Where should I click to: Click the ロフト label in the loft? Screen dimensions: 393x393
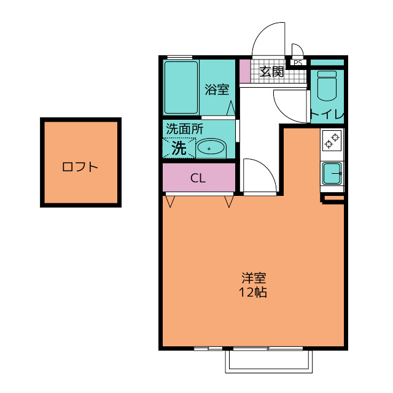(x=80, y=167)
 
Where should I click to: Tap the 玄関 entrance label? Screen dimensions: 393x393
(x=271, y=72)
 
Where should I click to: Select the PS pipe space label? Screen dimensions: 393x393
(x=298, y=63)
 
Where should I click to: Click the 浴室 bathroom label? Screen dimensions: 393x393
(x=217, y=90)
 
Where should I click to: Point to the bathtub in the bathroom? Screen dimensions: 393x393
(x=181, y=87)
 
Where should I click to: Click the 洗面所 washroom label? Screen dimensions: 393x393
(x=184, y=129)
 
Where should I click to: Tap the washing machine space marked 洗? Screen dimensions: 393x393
(x=179, y=148)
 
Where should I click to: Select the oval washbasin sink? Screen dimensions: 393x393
(x=211, y=149)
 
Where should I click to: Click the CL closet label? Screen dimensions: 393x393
(x=198, y=178)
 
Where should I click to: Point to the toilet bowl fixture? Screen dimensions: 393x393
(x=327, y=86)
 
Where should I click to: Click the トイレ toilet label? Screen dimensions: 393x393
(x=327, y=115)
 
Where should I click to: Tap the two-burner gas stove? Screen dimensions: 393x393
(x=332, y=141)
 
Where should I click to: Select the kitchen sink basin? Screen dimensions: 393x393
(x=332, y=173)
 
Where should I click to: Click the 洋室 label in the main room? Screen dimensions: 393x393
(x=254, y=278)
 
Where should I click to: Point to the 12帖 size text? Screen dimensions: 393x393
(x=252, y=292)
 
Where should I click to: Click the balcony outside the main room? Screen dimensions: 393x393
(x=269, y=361)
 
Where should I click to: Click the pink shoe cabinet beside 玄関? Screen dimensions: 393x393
(x=245, y=71)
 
